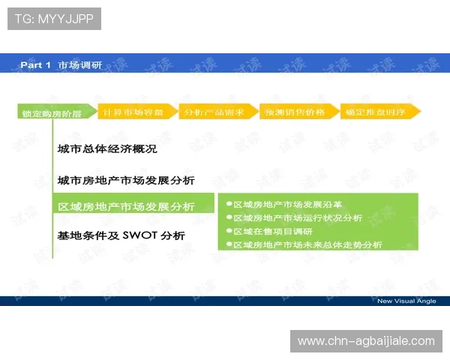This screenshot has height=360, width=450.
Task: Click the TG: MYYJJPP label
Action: click(53, 19)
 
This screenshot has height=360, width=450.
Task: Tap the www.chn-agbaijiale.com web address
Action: click(366, 341)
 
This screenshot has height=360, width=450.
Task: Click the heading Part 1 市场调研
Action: click(61, 65)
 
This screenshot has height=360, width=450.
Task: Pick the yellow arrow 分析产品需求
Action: click(216, 112)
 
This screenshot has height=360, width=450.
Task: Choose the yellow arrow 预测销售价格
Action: click(297, 112)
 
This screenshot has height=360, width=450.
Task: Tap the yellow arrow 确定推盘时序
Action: click(378, 112)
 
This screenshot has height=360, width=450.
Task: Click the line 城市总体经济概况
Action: click(107, 148)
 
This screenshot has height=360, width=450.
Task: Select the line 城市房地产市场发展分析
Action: click(126, 181)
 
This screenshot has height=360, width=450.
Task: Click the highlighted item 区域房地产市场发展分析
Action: click(126, 206)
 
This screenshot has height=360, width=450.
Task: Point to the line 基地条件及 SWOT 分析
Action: click(121, 235)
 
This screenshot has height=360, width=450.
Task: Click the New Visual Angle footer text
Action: click(406, 301)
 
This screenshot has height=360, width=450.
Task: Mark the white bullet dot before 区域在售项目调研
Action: click(229, 231)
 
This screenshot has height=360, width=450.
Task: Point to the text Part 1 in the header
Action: click(35, 65)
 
